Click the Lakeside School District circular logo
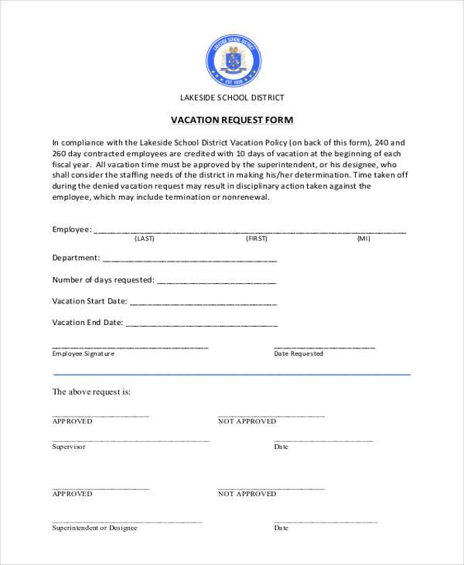click(x=233, y=60)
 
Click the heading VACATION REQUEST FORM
click(x=232, y=120)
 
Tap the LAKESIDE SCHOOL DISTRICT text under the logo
click(x=232, y=98)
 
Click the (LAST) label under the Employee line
click(x=145, y=239)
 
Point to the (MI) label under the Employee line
click(x=363, y=239)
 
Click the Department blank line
click(x=189, y=260)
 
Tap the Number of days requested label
click(x=103, y=279)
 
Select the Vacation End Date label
click(x=87, y=322)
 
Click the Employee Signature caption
click(x=83, y=354)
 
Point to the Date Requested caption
click(x=299, y=354)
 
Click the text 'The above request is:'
click(x=91, y=392)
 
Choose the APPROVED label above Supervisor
click(x=72, y=421)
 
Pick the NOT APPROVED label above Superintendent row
click(x=247, y=493)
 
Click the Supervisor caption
click(x=69, y=447)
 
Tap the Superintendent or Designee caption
click(x=94, y=528)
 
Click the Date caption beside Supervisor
click(x=281, y=447)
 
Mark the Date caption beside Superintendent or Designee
click(x=281, y=528)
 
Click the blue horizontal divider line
click(x=232, y=375)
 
